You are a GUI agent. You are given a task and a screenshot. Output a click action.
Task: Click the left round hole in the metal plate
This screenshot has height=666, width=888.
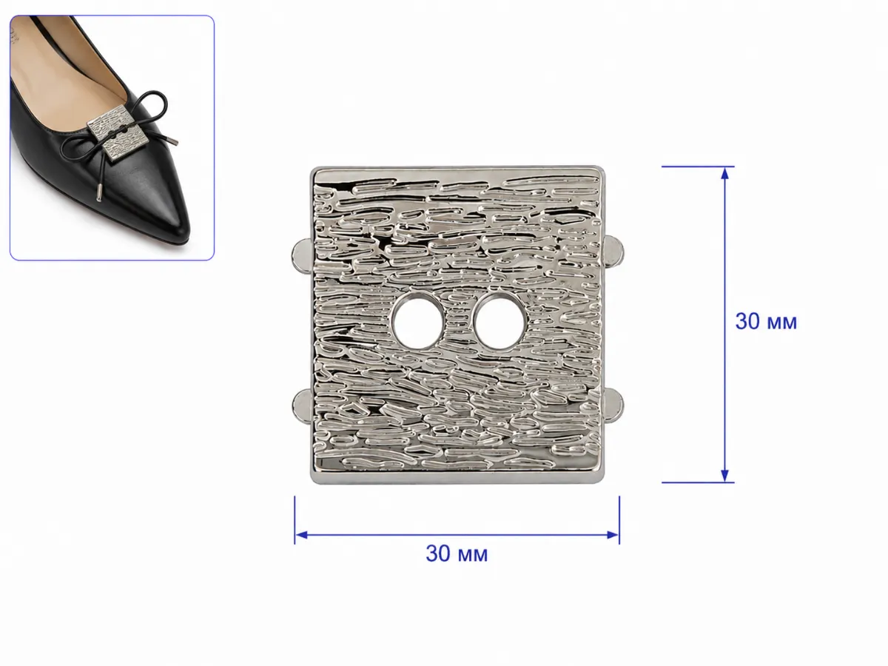[417, 321]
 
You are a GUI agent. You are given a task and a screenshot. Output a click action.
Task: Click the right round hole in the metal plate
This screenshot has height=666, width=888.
[499, 321]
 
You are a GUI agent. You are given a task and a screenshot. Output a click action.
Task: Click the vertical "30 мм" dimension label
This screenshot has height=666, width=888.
[766, 322]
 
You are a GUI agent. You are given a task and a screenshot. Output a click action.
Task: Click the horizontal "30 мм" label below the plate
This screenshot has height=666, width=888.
[457, 554]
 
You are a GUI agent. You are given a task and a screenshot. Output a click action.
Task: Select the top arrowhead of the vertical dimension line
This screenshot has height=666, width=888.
[724, 173]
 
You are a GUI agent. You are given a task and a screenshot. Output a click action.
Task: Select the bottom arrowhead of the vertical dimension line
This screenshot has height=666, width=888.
[724, 476]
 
